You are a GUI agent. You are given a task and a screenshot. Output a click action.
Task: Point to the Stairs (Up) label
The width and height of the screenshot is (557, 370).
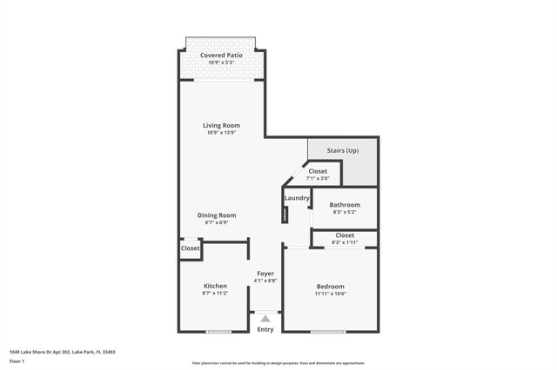(342, 150)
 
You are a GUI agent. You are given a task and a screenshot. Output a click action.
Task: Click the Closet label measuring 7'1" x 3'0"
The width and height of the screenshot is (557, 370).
(318, 171)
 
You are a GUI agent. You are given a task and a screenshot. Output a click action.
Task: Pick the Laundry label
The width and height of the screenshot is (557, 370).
(297, 198)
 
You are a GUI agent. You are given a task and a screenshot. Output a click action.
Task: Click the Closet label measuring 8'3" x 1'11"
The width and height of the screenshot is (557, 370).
(345, 235)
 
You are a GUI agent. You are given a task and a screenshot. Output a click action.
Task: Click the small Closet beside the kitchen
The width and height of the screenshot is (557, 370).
(190, 248)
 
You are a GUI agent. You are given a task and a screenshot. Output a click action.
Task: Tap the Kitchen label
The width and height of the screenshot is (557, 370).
(215, 286)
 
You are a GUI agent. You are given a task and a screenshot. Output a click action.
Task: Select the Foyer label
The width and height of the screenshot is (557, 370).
(265, 273)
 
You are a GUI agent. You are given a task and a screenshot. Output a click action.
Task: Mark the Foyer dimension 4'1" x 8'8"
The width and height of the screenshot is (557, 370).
(265, 281)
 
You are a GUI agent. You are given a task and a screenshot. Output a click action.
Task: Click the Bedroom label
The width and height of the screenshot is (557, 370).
(330, 286)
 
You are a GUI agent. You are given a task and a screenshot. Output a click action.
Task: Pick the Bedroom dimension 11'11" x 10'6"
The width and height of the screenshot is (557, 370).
(330, 294)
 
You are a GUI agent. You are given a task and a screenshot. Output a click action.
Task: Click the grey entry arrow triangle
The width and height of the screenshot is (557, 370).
(265, 319)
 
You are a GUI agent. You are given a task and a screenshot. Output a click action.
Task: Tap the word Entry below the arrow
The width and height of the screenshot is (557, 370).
(265, 329)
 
